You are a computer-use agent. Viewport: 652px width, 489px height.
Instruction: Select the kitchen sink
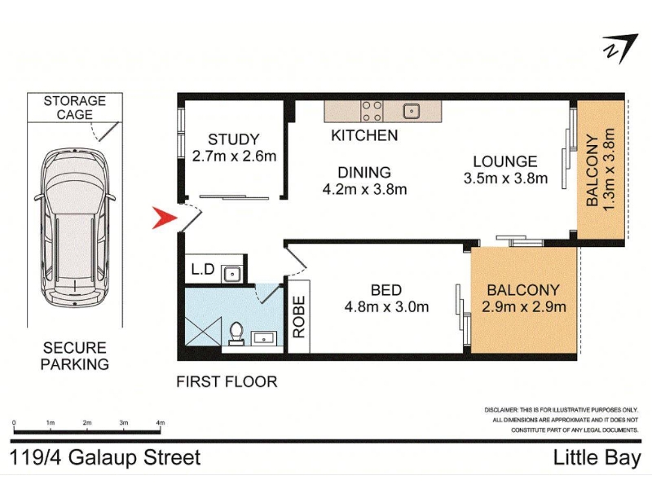412,111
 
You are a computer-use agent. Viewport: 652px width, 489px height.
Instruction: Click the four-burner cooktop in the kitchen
372,111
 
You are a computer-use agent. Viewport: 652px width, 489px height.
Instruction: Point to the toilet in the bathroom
236,334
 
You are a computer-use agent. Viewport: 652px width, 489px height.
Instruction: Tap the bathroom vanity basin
264,337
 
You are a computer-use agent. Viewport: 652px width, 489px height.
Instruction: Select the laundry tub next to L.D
231,274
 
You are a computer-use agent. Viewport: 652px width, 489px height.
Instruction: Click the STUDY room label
234,139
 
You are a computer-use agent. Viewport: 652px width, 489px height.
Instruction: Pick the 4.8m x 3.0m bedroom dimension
386,307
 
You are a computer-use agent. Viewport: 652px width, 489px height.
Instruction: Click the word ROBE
299,316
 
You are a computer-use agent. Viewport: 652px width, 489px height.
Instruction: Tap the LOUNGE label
505,161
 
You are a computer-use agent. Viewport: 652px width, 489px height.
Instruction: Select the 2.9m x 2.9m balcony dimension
523,307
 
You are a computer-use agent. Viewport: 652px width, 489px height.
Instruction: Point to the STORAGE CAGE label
75,108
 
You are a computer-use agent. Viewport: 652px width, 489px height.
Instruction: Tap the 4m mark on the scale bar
160,422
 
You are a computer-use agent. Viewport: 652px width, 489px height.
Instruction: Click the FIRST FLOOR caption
227,381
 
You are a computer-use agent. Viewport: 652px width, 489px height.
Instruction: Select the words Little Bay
597,458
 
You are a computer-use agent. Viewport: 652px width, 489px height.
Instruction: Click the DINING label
364,172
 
